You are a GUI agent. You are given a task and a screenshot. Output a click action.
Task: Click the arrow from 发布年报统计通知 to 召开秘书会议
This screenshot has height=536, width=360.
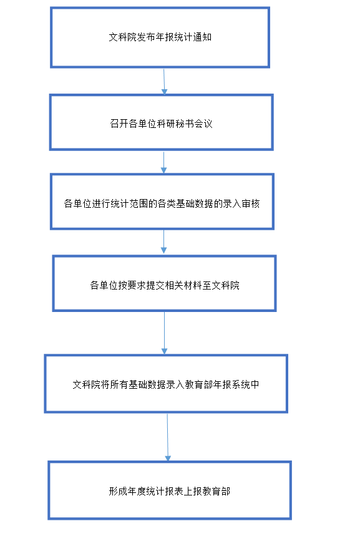point(164,82)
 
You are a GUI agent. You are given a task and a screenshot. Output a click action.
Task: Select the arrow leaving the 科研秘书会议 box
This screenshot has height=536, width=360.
point(163,162)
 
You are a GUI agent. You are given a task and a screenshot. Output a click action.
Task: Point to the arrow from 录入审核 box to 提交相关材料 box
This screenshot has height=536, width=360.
point(163,242)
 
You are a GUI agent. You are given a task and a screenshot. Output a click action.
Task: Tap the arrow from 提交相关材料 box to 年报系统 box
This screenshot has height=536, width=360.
point(165,333)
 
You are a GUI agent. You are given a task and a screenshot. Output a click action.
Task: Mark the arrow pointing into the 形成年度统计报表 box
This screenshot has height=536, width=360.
point(167,437)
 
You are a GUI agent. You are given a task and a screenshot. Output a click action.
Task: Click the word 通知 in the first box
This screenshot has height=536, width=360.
point(202,37)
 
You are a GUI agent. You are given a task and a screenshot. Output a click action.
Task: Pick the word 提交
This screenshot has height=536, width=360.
point(155,285)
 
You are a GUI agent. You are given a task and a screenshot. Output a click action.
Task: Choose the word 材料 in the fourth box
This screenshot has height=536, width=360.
point(193,285)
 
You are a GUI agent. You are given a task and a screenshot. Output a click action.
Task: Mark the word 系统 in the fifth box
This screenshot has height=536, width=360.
point(241,384)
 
